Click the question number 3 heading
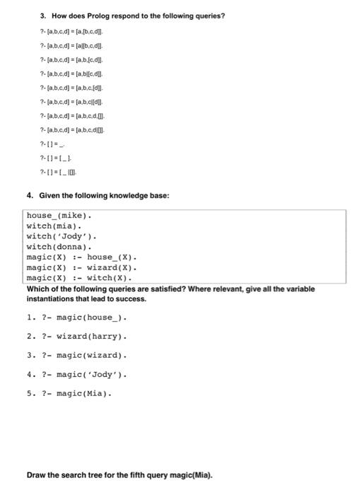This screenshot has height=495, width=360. (28, 15)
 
